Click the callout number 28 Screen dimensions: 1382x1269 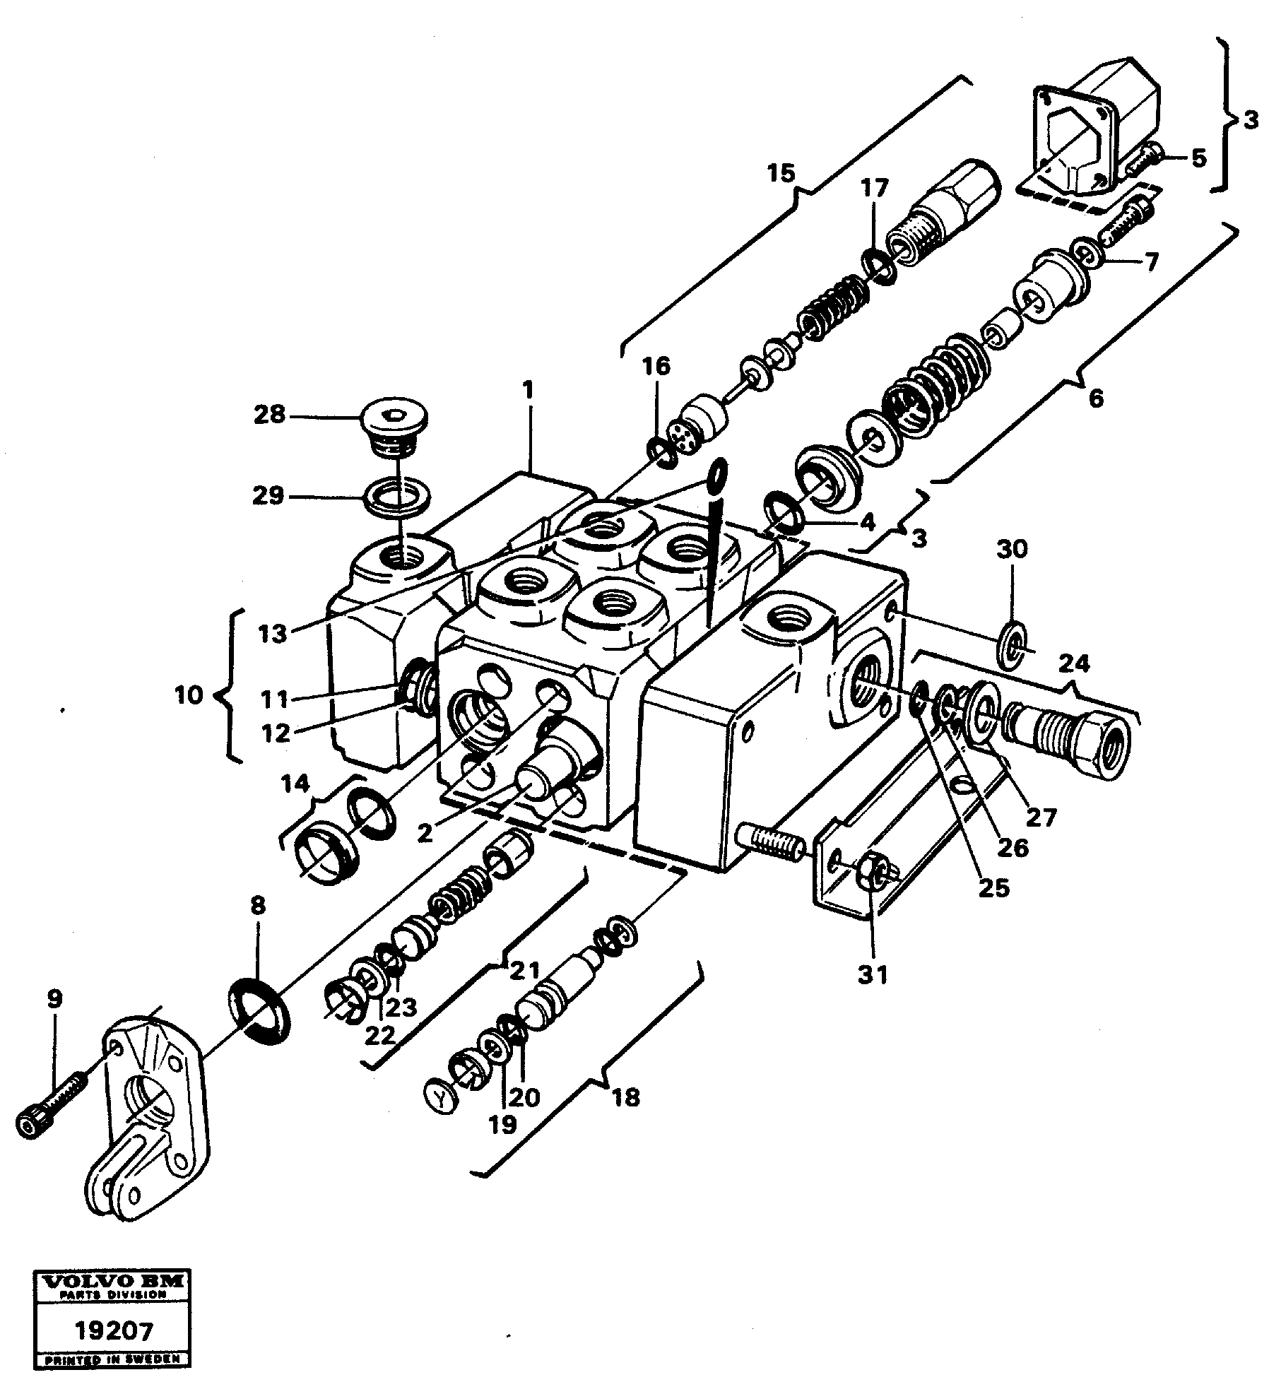[269, 415]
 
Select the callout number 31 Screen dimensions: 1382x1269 [873, 975]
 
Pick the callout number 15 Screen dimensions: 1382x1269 [781, 173]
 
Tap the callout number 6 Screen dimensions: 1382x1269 [1095, 398]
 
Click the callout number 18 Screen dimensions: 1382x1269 [626, 1097]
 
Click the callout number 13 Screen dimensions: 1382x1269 [273, 634]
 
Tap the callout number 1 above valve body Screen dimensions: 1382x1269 [530, 390]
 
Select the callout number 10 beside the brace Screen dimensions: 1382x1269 [189, 695]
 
